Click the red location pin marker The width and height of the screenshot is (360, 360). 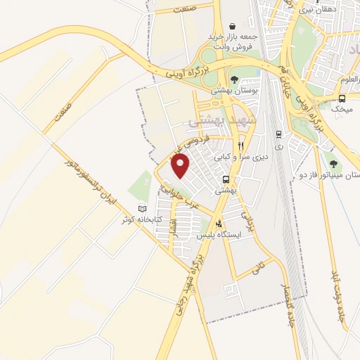pyautogui.click(x=181, y=167)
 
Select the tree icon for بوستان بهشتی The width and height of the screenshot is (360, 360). pyautogui.click(x=234, y=80)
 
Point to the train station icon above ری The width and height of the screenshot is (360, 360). pyautogui.click(x=279, y=134)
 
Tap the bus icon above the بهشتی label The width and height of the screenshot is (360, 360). pyautogui.click(x=225, y=179)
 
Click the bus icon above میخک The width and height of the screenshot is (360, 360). pyautogui.click(x=342, y=98)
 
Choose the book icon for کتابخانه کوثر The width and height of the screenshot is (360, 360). pyautogui.click(x=143, y=208)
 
